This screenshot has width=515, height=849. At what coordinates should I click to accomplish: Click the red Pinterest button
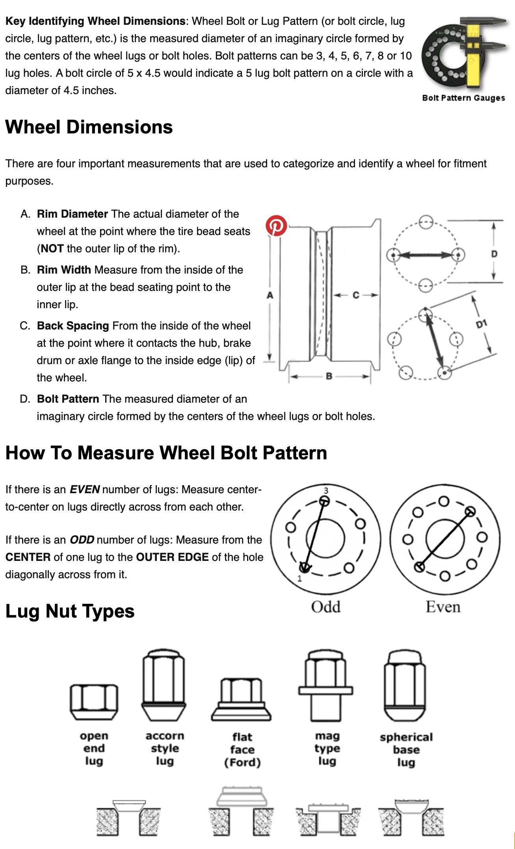click(x=276, y=226)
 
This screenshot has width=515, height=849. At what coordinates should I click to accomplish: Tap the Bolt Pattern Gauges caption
click(x=463, y=98)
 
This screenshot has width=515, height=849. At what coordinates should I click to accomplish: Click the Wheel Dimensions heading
click(x=89, y=127)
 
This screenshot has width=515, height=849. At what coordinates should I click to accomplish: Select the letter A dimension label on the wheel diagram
click(x=270, y=295)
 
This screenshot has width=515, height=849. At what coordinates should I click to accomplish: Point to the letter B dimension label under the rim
click(x=329, y=376)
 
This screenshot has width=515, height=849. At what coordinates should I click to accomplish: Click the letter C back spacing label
click(x=356, y=295)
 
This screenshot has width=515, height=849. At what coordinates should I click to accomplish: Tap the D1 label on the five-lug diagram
click(x=482, y=324)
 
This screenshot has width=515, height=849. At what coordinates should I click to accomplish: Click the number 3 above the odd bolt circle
click(x=326, y=490)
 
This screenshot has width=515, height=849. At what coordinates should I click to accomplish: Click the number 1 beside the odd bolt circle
click(x=299, y=578)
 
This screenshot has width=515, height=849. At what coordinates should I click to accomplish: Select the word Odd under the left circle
click(x=325, y=607)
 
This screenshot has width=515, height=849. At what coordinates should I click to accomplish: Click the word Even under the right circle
click(x=443, y=607)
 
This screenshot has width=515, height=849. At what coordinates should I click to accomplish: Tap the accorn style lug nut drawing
click(x=164, y=684)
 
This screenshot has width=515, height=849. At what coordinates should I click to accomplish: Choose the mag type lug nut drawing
click(x=325, y=684)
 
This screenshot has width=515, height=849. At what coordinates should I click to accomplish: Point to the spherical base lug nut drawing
click(x=405, y=685)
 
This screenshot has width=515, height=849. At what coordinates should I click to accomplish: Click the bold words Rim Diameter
click(x=72, y=214)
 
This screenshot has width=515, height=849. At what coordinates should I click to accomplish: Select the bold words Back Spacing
click(x=73, y=326)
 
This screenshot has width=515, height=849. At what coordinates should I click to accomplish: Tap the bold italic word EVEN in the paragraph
click(x=84, y=489)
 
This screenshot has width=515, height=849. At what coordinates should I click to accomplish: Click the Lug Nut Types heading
click(x=70, y=611)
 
